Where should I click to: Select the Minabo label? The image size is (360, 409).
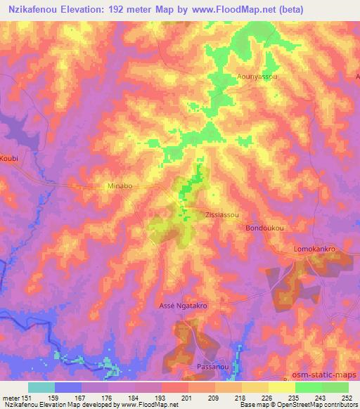point(118,187)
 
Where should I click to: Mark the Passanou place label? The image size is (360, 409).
point(212,368)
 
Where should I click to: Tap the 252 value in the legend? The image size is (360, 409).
point(347,398)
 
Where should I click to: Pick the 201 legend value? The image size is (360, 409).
point(187,398)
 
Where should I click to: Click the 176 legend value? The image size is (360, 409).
point(108,398)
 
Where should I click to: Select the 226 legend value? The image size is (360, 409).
point(267,398)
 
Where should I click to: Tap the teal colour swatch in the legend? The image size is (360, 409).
point(41,387)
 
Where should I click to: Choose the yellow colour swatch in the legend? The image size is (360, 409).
point(282,387)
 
